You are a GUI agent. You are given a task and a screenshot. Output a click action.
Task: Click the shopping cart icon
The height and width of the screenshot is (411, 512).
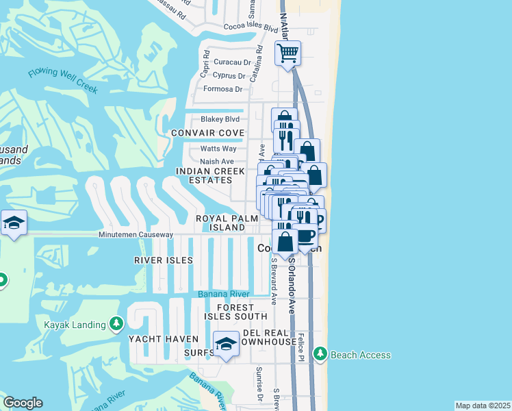click(288, 52)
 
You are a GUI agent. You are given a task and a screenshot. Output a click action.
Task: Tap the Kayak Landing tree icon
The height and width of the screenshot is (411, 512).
click(116, 323)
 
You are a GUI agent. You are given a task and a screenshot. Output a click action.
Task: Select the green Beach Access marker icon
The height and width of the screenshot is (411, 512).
click(320, 353)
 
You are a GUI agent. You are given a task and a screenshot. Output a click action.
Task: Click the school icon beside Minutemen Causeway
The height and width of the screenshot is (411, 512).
click(14, 223)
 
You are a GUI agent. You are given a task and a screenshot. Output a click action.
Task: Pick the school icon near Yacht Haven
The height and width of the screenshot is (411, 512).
click(226, 345)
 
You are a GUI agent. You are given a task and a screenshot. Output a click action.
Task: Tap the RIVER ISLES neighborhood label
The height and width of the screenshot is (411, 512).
click(164, 260)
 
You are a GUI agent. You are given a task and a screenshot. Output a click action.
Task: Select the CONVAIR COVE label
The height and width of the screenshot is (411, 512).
click(207, 132)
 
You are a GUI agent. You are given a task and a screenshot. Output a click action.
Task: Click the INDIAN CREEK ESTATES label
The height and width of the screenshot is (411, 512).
click(205, 175)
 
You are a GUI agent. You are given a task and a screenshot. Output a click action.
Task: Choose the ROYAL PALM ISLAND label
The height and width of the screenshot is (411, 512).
click(220, 223)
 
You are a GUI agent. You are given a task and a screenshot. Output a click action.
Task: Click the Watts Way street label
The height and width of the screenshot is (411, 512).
click(218, 149)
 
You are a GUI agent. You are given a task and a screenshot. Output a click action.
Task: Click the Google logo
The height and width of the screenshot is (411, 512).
click(23, 402)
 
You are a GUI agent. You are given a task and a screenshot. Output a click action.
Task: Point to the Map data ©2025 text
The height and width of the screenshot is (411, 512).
click(482, 406)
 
